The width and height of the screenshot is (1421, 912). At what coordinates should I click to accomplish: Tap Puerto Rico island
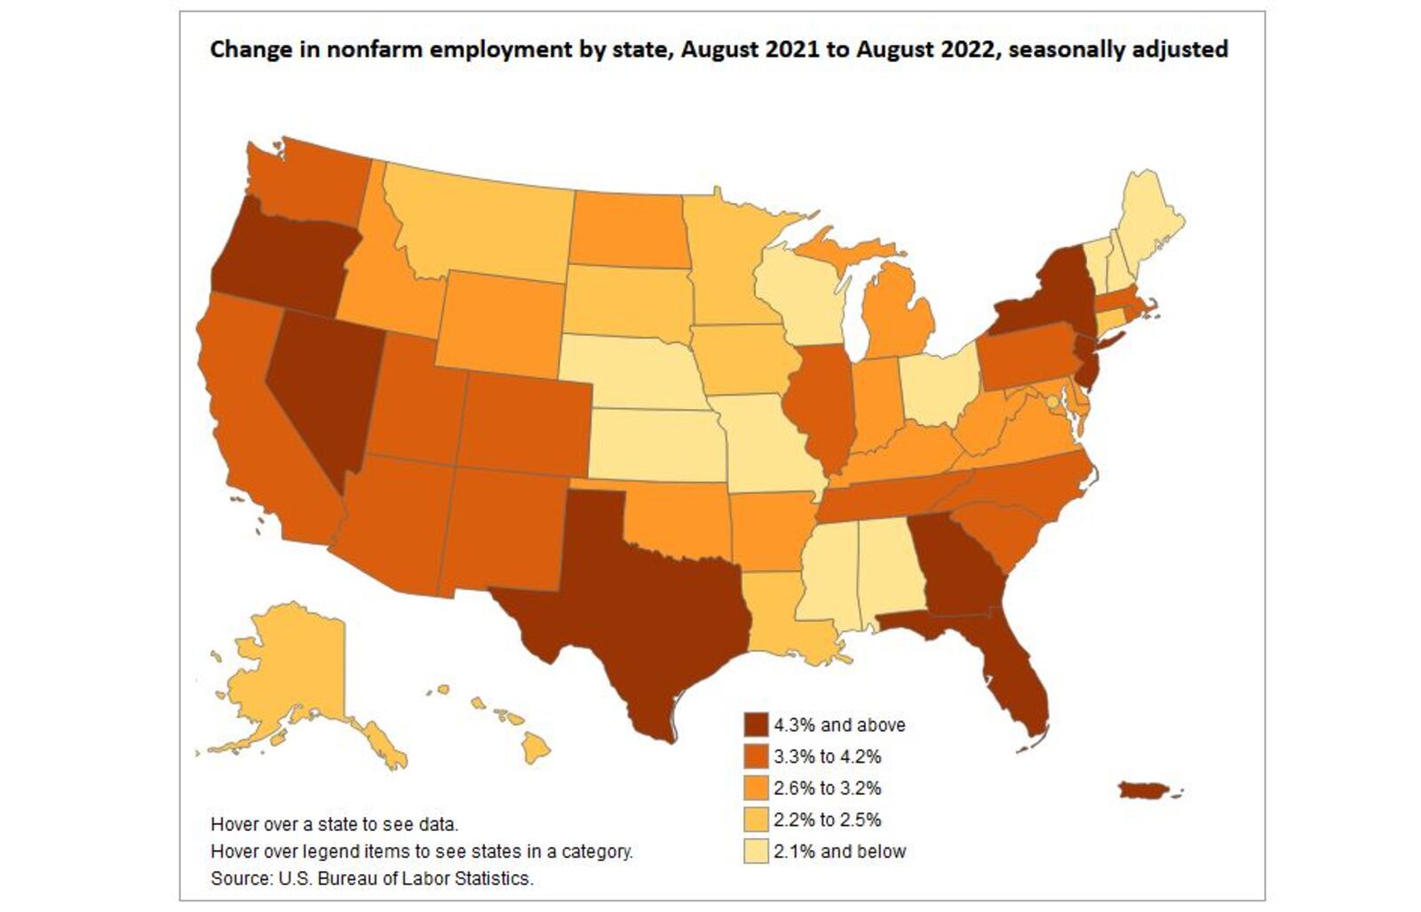click(1146, 789)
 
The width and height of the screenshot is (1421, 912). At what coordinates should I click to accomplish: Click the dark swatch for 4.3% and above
click(756, 725)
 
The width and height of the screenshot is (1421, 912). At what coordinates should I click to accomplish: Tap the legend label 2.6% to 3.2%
click(827, 789)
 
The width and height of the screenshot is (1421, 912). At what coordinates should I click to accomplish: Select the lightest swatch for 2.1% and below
click(756, 851)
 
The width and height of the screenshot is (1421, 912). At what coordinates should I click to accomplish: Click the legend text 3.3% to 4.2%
click(827, 757)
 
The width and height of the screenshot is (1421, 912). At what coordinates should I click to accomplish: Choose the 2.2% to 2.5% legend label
click(827, 820)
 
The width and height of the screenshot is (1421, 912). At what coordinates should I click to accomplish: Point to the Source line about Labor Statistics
click(371, 878)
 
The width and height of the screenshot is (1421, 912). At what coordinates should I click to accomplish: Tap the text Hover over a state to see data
click(334, 823)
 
